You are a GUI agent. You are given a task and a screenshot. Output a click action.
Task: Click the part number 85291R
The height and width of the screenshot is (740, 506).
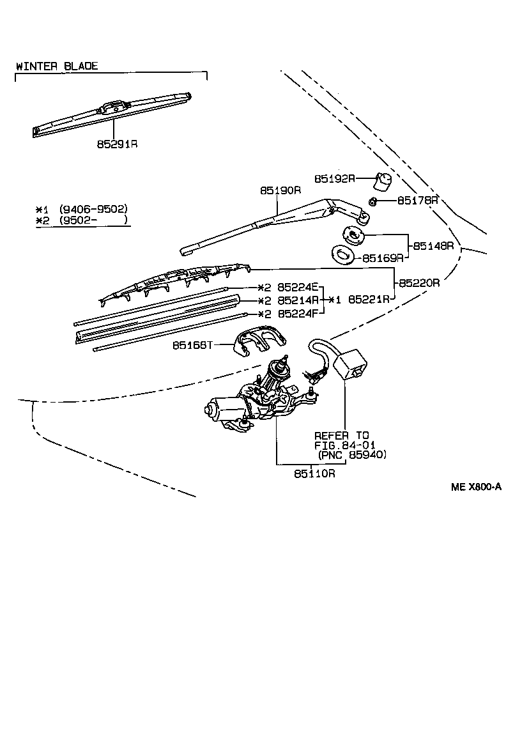tap(118, 144)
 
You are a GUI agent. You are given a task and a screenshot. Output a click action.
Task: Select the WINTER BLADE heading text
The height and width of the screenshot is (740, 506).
tap(57, 66)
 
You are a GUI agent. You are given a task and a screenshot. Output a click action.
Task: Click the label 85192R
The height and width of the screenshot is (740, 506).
tap(335, 178)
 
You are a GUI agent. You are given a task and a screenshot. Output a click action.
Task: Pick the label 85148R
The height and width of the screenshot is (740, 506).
tap(433, 245)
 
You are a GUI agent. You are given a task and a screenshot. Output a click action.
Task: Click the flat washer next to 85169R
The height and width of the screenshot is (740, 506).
tap(343, 254)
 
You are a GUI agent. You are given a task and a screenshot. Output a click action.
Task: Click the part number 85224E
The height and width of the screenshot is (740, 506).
tap(298, 288)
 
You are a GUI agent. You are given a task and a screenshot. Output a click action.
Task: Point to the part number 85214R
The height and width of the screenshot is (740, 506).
tap(298, 300)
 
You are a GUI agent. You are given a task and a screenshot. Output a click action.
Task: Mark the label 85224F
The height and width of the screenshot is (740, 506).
tap(298, 313)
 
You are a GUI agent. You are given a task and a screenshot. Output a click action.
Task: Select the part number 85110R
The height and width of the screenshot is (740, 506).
tap(315, 474)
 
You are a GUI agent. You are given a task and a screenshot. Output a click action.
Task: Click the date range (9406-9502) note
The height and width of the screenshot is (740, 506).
tap(93, 209)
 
